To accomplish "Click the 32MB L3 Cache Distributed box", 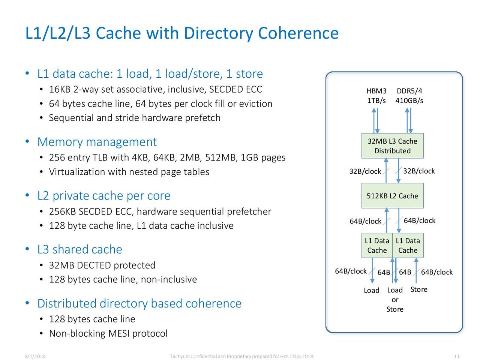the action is (392, 146).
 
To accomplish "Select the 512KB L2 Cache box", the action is (392, 196).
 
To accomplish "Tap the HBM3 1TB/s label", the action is (376, 96).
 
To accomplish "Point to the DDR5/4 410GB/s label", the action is (409, 96).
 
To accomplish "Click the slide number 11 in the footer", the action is (456, 356).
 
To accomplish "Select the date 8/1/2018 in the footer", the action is (35, 356).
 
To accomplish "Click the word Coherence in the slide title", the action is (298, 33).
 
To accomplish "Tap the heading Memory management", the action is (97, 142).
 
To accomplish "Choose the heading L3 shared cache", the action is (79, 249).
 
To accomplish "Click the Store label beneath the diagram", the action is (418, 289).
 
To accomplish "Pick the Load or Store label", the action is (395, 300).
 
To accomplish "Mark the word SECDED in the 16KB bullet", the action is (222, 89).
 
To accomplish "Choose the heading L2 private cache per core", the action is (104, 196).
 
